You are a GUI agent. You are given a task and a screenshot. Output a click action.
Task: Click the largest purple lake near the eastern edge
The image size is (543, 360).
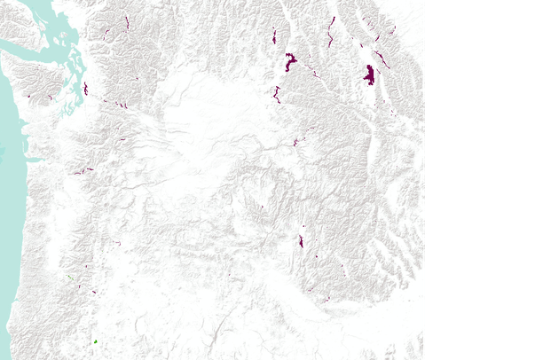coord(369,74)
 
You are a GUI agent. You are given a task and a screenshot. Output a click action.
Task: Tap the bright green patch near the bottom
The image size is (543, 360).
coord(95,341)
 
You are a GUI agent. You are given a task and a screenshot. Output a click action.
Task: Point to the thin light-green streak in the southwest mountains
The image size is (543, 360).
coord(68,278)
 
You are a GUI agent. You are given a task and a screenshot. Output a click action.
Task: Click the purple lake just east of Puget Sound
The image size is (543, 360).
coord(85,89)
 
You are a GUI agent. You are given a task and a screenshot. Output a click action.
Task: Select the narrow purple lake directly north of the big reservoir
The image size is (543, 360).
coord(274,36)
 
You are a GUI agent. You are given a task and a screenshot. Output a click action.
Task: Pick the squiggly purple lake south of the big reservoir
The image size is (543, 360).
coord(277,93)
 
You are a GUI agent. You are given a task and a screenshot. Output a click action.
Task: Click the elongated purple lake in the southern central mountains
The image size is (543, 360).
coord(301,241)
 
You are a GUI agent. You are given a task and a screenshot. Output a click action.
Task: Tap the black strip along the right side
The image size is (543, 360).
coord(484,177)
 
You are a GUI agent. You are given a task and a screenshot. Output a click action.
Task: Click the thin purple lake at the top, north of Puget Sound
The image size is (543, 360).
coord(127,21)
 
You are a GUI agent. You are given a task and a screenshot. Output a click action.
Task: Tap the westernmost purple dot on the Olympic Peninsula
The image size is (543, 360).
coord(29,95)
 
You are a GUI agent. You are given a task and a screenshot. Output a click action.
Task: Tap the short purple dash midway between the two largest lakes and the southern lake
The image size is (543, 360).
coord(296,142)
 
